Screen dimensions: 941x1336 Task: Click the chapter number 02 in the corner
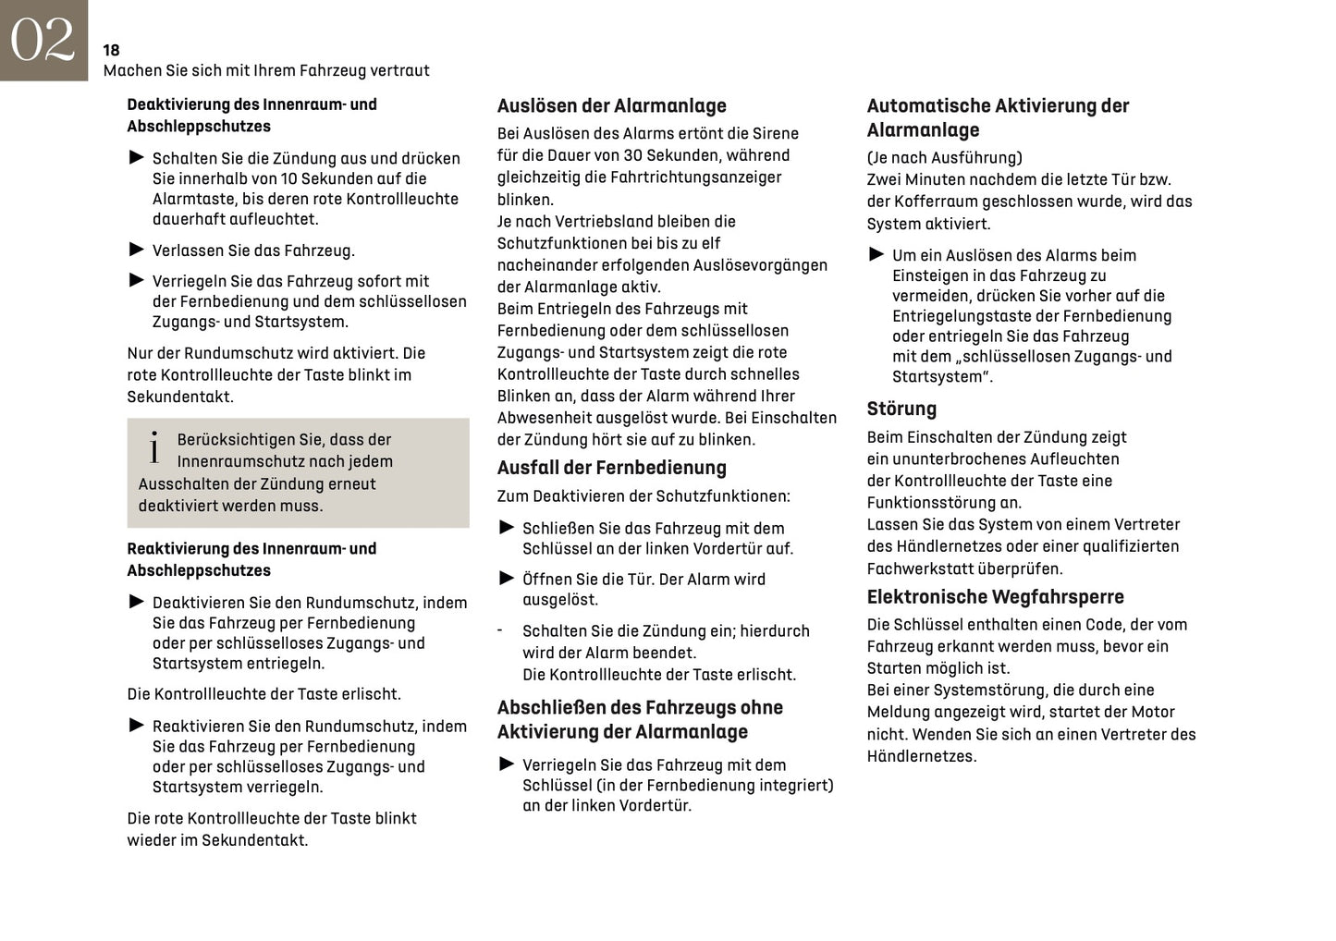coord(43,40)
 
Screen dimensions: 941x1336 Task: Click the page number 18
coord(111,50)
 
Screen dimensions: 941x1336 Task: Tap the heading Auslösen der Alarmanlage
coord(611,105)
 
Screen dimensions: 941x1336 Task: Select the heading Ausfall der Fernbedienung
coord(611,468)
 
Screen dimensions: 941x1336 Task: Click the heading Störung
coord(901,409)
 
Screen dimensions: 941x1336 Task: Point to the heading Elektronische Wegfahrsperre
coord(995,596)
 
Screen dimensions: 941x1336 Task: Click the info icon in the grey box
coord(154,449)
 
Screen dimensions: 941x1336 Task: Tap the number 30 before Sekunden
coord(633,155)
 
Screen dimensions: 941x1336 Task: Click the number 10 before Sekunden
coord(290,178)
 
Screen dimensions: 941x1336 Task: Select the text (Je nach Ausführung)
coord(944,157)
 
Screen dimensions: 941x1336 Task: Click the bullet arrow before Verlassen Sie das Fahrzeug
coord(137,250)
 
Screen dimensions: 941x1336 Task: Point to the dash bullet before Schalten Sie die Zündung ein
coord(500,630)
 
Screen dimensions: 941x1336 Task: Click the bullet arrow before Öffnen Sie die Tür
coord(507,579)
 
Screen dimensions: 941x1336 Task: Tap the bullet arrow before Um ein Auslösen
coord(876,254)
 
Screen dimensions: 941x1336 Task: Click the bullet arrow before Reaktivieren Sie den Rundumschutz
coord(137,726)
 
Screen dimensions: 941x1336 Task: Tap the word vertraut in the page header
coord(400,70)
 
